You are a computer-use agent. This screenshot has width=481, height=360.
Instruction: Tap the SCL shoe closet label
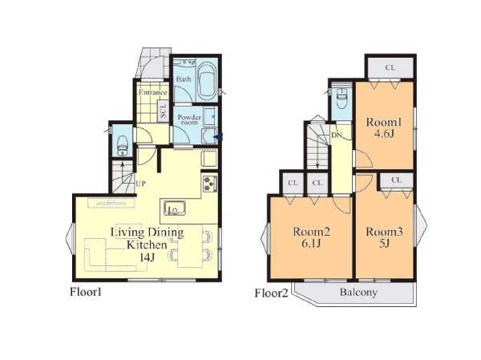click(x=164, y=111)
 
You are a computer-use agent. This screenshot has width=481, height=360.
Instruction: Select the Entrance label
click(x=153, y=92)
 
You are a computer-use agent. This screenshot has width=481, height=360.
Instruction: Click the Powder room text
click(x=189, y=119)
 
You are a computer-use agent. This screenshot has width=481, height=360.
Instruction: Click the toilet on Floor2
click(x=342, y=98)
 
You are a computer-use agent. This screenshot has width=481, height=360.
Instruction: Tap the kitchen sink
click(x=174, y=208)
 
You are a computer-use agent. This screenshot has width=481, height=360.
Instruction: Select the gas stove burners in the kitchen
click(x=209, y=184)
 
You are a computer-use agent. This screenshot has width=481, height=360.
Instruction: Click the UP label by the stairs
click(x=140, y=184)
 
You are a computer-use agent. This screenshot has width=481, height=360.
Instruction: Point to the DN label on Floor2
click(x=336, y=136)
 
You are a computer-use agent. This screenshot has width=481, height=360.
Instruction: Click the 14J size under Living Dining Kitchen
click(x=147, y=258)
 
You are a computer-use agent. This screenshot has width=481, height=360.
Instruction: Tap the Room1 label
click(x=384, y=123)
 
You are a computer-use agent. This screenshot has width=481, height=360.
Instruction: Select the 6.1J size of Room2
click(x=311, y=244)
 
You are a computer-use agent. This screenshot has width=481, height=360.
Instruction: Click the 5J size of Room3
click(x=384, y=244)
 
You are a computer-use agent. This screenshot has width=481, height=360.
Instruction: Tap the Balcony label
click(x=358, y=292)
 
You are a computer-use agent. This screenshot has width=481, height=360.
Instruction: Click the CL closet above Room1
click(x=390, y=67)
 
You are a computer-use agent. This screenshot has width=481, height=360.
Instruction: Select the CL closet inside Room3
click(x=396, y=180)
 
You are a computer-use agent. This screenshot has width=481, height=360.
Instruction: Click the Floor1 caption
click(x=86, y=292)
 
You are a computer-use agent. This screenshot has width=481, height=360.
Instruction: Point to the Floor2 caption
click(x=272, y=293)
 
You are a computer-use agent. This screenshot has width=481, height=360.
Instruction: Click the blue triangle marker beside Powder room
click(x=218, y=137)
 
